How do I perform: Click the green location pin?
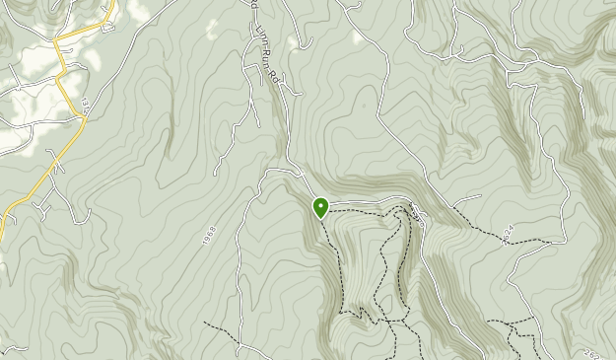click(x=320, y=207)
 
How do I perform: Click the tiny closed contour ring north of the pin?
click(x=364, y=104)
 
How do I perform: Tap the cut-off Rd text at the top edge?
click(x=252, y=6)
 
